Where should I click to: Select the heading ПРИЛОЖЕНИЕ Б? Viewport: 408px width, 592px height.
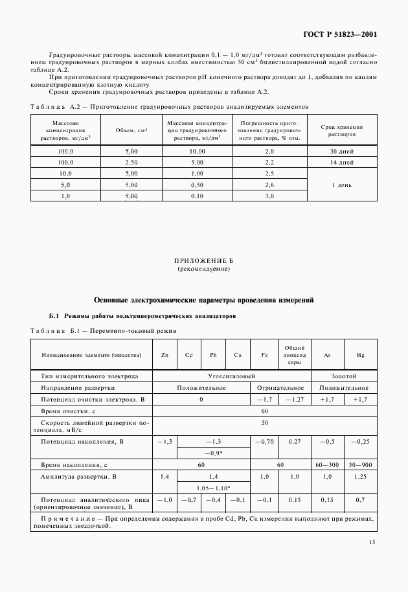(203, 261)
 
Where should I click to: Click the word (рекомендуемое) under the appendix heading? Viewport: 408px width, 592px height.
(203, 268)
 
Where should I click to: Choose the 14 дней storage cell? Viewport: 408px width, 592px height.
(341, 162)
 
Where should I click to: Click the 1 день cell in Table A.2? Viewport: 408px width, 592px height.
(341, 185)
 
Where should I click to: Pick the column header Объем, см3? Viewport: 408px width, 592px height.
(131, 130)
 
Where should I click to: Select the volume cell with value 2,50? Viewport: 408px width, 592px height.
(131, 162)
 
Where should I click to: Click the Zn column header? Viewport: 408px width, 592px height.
(164, 356)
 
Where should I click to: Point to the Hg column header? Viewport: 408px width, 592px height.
(360, 356)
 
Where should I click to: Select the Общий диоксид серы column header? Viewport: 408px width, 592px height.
(295, 356)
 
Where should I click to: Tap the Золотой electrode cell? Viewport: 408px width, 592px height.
(343, 376)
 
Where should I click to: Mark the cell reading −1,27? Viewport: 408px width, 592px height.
(295, 400)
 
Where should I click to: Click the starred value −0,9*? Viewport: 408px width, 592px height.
(213, 453)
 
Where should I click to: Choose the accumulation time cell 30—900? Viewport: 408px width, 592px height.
(360, 465)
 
